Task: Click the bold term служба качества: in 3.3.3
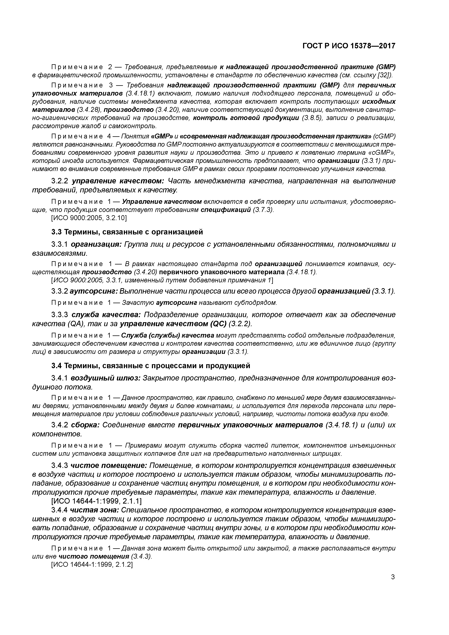(x=106, y=315)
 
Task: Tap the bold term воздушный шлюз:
(x=105, y=378)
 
